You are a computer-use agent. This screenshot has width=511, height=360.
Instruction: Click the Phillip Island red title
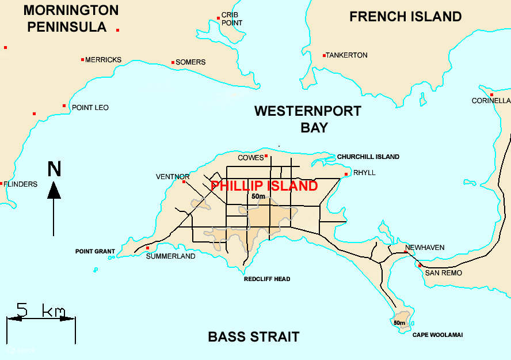coord(264,186)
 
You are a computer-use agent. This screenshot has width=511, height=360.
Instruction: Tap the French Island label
coord(405,17)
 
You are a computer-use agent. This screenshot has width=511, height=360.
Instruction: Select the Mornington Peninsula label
coord(71,18)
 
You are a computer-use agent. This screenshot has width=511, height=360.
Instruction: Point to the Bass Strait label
coord(254,337)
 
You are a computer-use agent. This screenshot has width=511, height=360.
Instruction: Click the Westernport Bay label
coord(308,119)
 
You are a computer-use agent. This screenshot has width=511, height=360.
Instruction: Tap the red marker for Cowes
coord(266,156)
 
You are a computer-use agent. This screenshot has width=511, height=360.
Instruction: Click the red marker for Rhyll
coord(346,174)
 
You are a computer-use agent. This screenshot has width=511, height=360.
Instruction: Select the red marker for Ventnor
coord(184,182)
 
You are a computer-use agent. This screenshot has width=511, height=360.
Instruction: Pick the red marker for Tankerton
coord(325,55)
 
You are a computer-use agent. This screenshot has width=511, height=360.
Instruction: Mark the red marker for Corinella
coord(491,94)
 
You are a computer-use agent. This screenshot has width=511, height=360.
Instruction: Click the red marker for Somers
coord(173,62)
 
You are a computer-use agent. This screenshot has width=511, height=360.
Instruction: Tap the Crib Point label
coord(231,18)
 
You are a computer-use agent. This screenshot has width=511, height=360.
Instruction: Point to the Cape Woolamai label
coord(437,335)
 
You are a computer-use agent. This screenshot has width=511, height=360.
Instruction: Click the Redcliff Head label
coord(267,279)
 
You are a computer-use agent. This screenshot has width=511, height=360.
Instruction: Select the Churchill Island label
coord(368,157)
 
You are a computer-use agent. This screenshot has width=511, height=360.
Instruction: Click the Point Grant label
coord(95,252)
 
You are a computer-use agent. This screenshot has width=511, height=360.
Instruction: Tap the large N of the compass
coord(54,169)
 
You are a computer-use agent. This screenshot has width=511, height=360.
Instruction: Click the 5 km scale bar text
coord(41,310)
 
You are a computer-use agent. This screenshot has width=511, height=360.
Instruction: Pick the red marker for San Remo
coord(420,265)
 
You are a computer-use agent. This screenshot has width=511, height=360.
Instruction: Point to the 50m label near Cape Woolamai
coord(399,323)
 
